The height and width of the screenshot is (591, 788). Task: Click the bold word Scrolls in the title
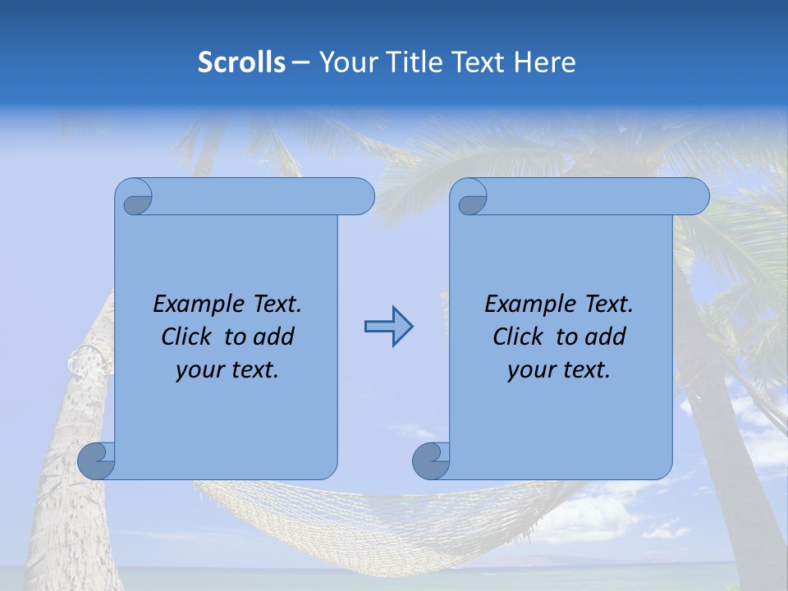tap(241, 62)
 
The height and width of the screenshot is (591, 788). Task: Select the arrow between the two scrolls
tap(388, 327)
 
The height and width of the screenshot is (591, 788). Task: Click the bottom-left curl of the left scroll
tap(96, 460)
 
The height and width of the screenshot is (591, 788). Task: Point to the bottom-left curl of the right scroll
tap(430, 460)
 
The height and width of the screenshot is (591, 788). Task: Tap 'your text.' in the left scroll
tap(227, 369)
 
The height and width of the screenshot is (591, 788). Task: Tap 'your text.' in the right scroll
tap(559, 369)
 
